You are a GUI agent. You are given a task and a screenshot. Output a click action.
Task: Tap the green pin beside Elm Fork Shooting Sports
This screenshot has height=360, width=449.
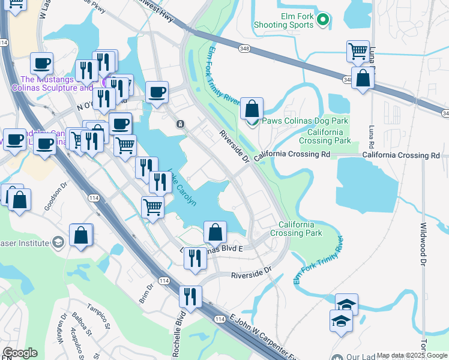point(323,20)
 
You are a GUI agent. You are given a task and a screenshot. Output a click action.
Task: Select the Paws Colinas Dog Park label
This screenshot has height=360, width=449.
point(305,121)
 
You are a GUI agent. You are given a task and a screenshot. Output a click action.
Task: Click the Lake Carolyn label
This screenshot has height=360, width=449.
point(181,187)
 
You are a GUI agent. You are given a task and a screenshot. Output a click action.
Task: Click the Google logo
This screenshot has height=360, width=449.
point(20,353)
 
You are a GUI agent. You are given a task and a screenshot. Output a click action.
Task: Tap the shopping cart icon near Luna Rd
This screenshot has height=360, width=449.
point(358,51)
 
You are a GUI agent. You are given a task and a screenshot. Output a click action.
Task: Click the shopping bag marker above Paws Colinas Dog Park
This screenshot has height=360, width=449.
point(253,109)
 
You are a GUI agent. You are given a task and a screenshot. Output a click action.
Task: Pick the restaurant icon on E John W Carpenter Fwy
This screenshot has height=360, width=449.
point(190,296)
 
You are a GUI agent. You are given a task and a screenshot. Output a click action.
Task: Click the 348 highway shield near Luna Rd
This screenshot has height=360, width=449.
point(349,79)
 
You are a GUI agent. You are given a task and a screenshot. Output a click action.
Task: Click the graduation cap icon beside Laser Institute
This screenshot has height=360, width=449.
point(58,242)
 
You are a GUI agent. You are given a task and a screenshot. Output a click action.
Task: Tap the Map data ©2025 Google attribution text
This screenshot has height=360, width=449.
point(411,355)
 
